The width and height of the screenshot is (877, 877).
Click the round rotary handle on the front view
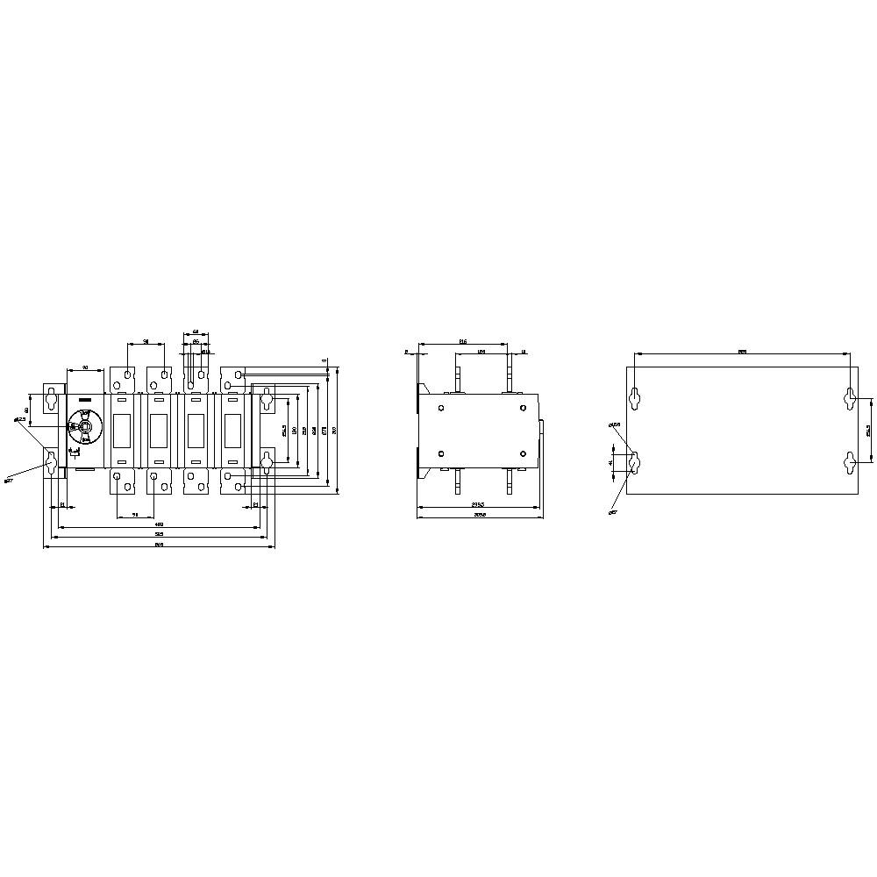(85, 428)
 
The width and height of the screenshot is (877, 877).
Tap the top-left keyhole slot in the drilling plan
(634, 398)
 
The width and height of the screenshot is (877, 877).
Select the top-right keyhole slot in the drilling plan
(849, 398)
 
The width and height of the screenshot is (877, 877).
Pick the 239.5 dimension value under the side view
(477, 504)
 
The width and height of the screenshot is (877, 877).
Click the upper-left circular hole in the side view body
(441, 406)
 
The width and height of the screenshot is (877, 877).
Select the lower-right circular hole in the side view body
(523, 453)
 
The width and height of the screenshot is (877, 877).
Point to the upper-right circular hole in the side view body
(523, 406)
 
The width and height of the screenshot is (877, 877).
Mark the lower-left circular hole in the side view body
(441, 453)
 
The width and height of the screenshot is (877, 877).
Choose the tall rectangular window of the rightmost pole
(233, 430)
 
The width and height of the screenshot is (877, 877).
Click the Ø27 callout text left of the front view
(10, 481)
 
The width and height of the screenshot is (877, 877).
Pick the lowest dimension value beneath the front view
(159, 545)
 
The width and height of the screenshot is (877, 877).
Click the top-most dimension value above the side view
(462, 340)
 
